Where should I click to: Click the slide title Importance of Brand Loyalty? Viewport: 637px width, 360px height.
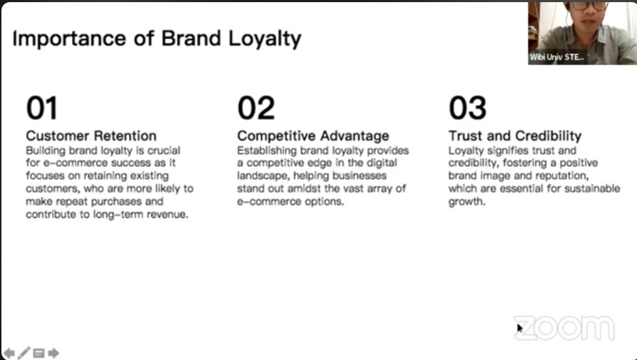157,39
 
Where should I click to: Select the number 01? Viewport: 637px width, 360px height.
42,108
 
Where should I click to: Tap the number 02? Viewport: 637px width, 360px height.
256,108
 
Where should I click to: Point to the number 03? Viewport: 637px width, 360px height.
467,108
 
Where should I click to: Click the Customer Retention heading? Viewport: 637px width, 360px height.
91,135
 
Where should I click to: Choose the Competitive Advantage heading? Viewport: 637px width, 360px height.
313,136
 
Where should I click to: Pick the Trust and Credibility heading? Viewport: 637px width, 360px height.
515,136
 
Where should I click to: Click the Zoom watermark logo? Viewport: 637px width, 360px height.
564,328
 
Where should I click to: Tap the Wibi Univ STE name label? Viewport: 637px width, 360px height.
556,57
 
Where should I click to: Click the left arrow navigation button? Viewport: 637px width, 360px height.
9,353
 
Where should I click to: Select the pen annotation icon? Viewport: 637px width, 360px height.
24,353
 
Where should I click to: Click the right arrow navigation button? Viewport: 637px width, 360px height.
53,353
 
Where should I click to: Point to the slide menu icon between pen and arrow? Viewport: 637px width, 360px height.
39,353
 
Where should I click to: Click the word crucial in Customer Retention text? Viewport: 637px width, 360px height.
164,150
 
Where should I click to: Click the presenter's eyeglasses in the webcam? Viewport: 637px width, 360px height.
589,6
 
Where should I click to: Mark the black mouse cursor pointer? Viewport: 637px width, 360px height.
519,327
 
